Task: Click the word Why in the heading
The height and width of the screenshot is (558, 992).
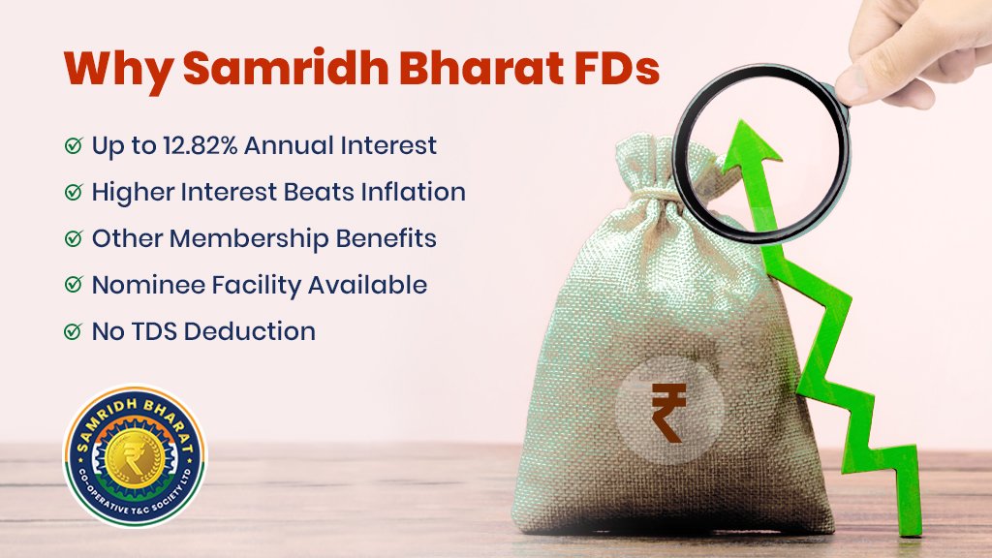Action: [117, 70]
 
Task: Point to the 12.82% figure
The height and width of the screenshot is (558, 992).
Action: [200, 145]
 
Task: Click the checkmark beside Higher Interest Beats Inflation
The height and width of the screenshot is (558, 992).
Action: [74, 192]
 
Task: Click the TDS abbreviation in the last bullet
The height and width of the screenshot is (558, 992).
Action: [154, 331]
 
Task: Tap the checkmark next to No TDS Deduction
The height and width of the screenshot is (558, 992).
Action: [74, 331]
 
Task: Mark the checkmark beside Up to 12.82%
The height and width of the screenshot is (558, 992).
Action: [74, 145]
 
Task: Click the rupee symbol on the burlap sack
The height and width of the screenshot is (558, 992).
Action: [668, 412]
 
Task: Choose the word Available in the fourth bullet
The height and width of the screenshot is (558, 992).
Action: [367, 286]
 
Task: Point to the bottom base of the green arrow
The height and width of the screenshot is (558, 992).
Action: [910, 533]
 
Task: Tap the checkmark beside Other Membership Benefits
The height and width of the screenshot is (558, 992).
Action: [74, 238]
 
